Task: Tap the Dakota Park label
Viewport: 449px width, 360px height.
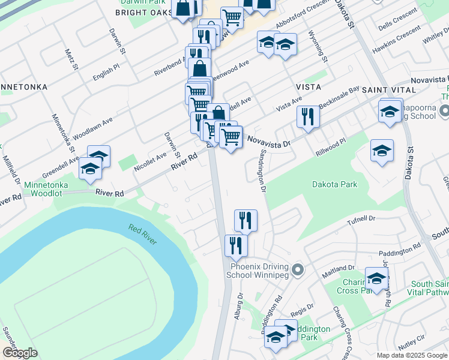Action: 334,184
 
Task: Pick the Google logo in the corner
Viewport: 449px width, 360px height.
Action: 20,353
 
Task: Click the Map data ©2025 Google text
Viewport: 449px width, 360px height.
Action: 412,355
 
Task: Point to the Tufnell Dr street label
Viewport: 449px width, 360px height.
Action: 361,221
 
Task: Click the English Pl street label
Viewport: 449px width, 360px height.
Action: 106,74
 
